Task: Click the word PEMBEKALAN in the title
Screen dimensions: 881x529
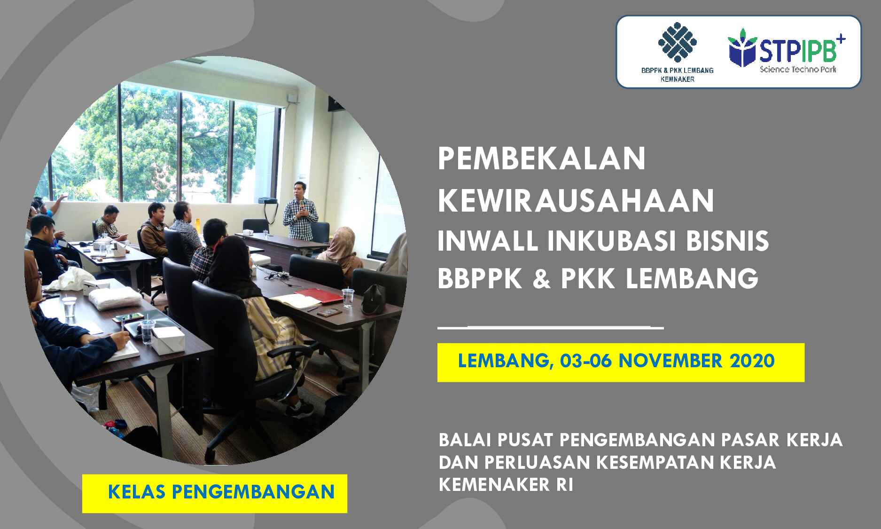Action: coord(541,159)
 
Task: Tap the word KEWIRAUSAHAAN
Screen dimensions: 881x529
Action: coord(576,200)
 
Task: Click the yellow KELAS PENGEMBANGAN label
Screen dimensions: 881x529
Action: coord(215,493)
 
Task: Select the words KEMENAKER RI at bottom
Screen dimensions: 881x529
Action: coord(506,485)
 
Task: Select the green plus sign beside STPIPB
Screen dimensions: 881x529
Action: coord(841,39)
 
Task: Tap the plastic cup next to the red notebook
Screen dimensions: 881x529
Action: coord(348,297)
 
